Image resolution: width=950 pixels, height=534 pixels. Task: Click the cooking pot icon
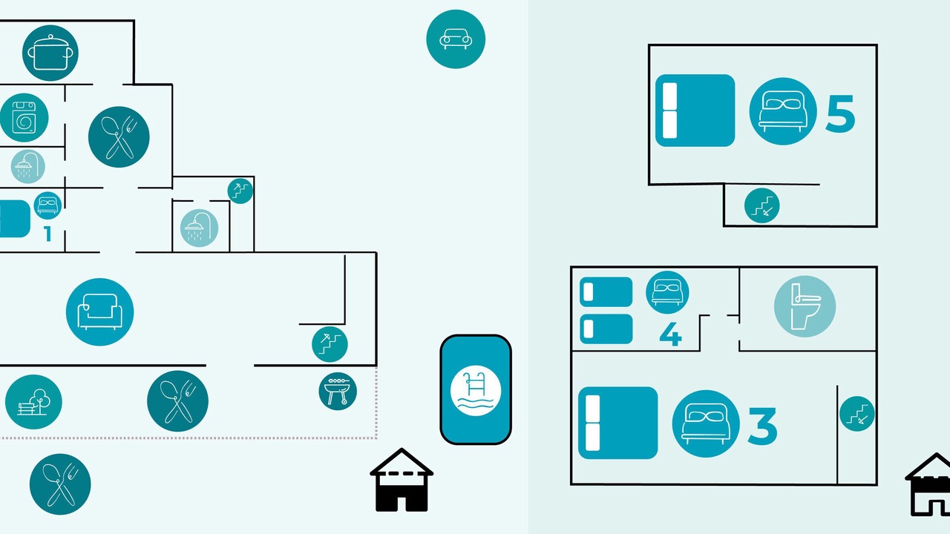click(x=50, y=53)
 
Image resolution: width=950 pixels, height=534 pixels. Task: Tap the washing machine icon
click(x=24, y=117)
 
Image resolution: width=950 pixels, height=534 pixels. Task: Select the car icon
click(x=456, y=39)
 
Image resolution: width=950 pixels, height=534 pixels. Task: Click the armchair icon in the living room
click(x=99, y=312)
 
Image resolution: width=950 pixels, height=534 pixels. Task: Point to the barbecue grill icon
click(x=338, y=391)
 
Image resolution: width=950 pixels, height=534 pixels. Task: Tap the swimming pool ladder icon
click(x=476, y=390)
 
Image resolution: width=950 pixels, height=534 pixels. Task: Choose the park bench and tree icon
click(x=33, y=402)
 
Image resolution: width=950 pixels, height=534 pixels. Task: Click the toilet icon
click(x=805, y=306)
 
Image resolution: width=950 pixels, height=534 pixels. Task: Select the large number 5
click(x=840, y=113)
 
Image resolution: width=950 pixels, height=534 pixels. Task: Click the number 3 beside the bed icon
click(x=762, y=426)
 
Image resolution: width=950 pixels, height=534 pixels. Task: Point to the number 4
click(x=670, y=334)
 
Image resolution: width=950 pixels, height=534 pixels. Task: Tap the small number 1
click(x=47, y=234)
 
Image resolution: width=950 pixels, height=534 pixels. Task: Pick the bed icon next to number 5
click(x=783, y=111)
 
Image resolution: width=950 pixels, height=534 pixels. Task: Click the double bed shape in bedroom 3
click(x=618, y=423)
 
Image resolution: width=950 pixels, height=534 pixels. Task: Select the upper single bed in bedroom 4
click(x=606, y=291)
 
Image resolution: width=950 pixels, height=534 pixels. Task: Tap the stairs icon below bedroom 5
click(x=761, y=205)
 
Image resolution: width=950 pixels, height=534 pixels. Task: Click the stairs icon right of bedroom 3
click(x=856, y=414)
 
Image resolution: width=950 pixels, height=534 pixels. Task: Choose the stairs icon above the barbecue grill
click(x=330, y=344)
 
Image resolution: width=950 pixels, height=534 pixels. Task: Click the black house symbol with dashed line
click(x=402, y=480)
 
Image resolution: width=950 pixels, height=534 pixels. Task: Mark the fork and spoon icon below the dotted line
click(x=60, y=484)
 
